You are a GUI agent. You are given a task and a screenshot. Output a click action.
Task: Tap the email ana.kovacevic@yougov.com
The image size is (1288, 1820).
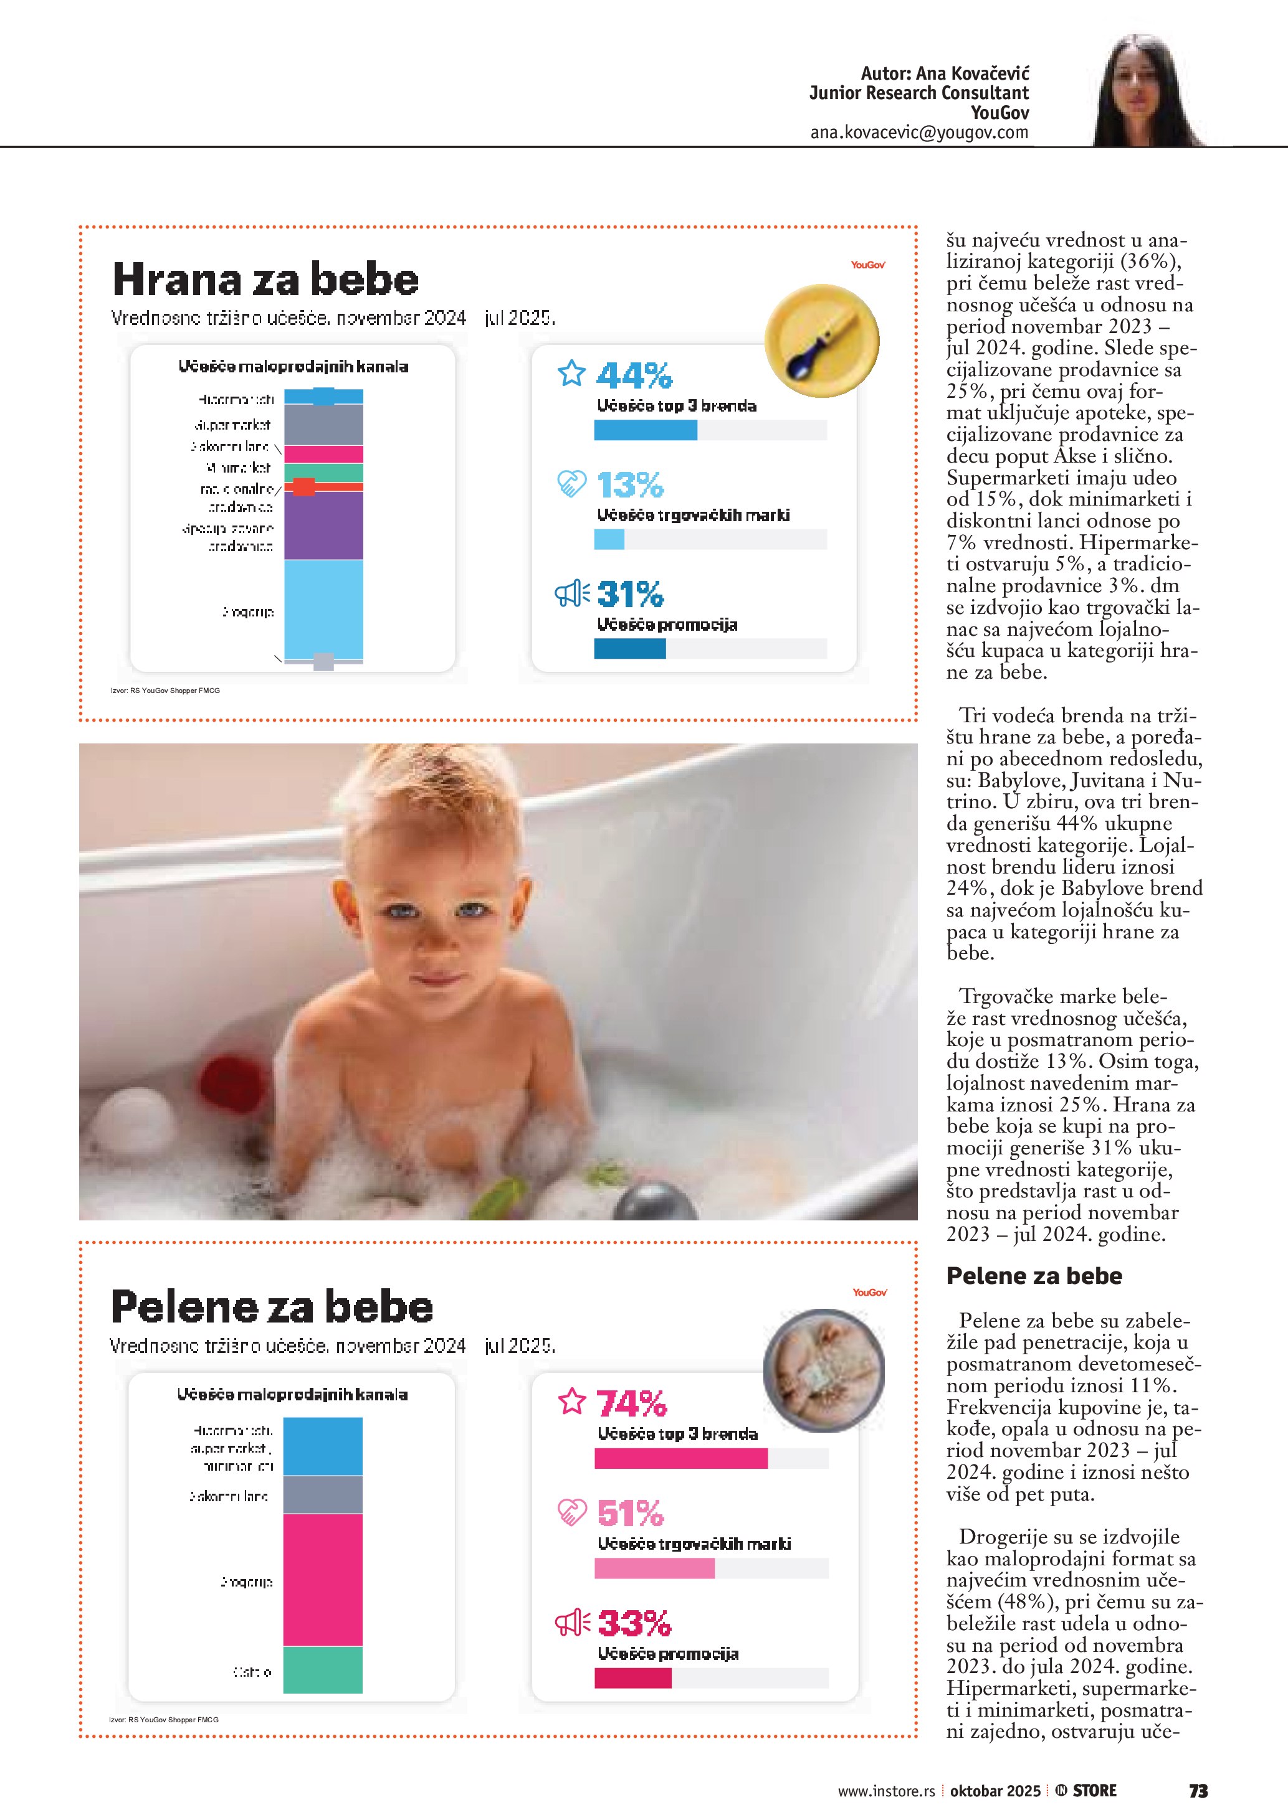tap(918, 133)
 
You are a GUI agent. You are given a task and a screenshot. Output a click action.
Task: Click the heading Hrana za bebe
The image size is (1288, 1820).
tap(265, 279)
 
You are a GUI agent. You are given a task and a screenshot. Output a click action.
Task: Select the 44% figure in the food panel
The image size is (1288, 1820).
tap(634, 375)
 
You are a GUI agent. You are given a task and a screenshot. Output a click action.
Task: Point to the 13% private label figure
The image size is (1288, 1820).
tap(630, 484)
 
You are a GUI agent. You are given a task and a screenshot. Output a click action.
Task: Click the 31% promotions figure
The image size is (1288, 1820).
tap(630, 594)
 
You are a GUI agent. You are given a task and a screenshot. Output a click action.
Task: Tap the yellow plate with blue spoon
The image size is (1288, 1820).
tap(822, 340)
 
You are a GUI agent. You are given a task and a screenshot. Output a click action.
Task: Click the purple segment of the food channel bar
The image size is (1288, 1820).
tap(323, 526)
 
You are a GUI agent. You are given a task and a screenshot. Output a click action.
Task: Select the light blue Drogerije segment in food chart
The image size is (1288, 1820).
tap(323, 609)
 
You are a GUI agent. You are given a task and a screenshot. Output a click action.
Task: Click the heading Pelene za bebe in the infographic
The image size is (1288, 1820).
tap(272, 1307)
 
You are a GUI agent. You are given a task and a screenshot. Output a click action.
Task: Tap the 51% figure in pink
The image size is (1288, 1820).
tap(630, 1513)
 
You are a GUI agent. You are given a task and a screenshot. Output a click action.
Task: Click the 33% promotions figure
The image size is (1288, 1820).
tap(634, 1623)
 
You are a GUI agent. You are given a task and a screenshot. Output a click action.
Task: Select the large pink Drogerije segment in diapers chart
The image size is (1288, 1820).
tap(323, 1580)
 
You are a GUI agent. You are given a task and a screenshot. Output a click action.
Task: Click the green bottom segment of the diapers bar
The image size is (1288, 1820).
tap(323, 1670)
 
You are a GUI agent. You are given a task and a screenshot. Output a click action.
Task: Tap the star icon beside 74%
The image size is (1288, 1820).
tap(572, 1402)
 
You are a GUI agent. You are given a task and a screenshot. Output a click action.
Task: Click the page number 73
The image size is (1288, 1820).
tap(1198, 1791)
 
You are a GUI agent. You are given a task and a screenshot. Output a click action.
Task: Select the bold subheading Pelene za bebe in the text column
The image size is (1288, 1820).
tap(1034, 1275)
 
